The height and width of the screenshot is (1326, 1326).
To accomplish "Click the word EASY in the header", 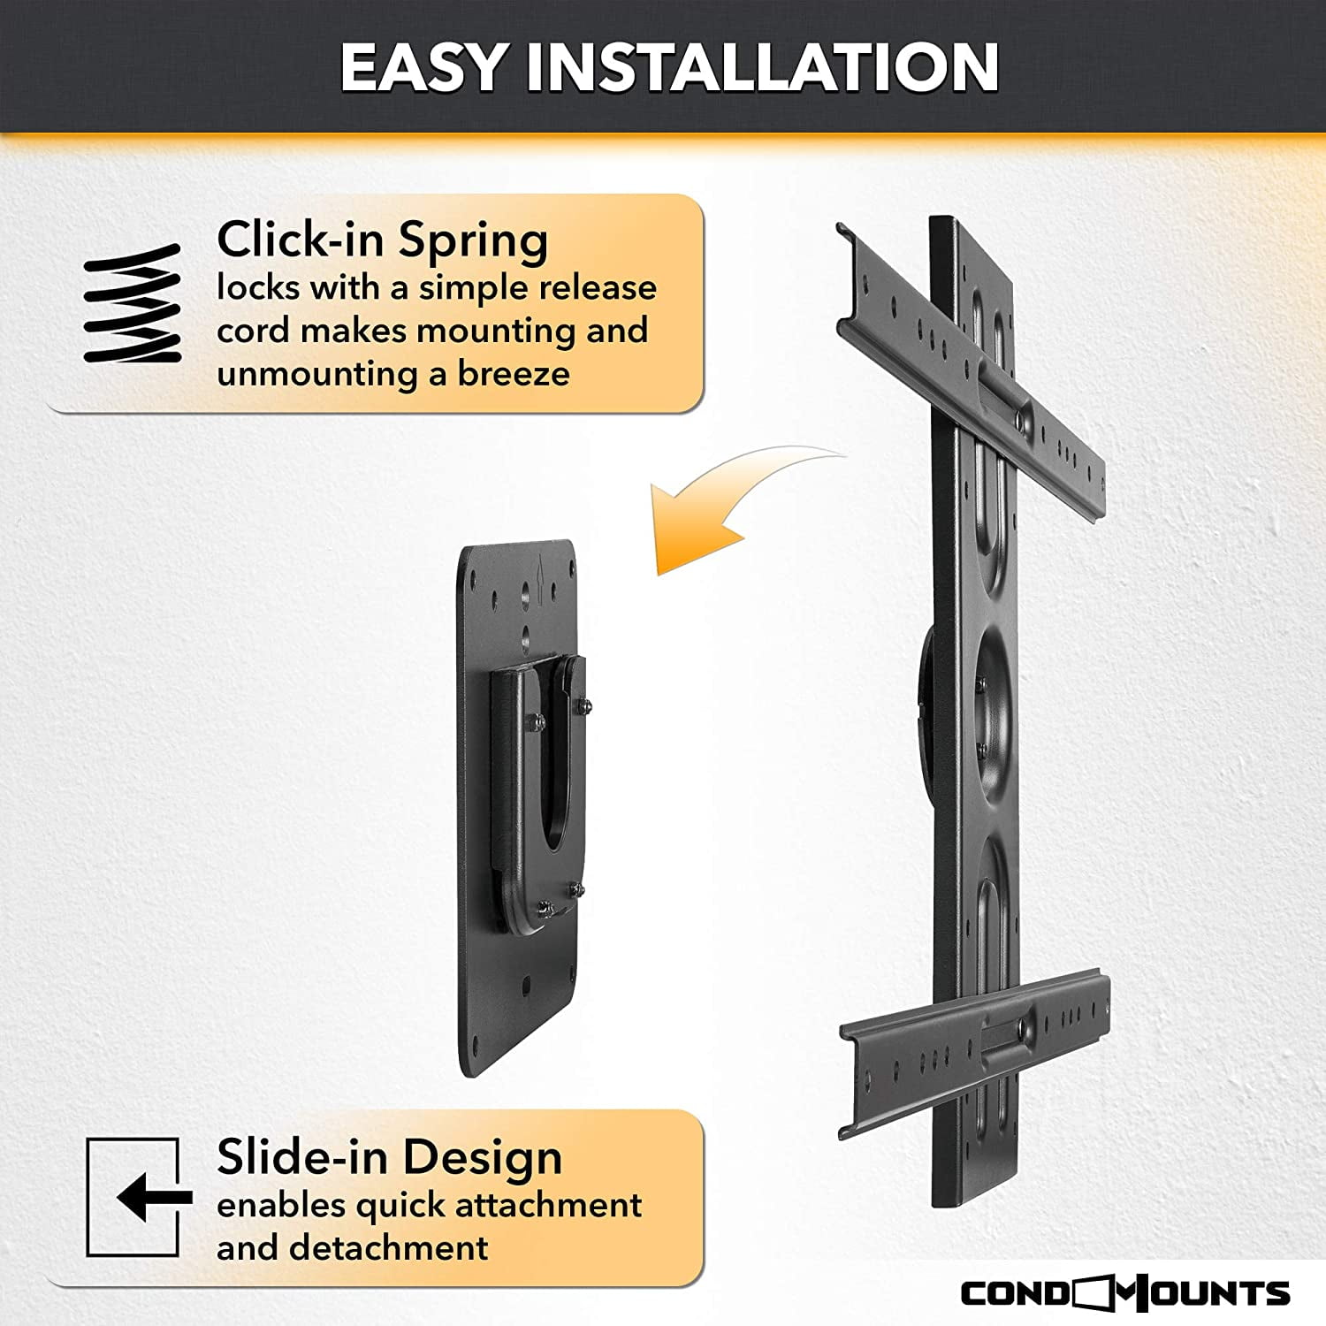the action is (x=423, y=67).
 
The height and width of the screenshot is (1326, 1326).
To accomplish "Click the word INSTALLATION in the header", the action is (x=762, y=67).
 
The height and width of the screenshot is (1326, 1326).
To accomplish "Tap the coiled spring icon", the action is (x=133, y=303).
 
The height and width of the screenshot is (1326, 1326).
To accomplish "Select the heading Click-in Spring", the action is (x=383, y=240).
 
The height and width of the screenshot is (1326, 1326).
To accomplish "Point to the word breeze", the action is (x=514, y=374).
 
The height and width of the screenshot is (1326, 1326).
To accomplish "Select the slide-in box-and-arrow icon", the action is (x=139, y=1197).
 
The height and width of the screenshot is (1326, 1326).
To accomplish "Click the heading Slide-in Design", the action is (x=389, y=1158).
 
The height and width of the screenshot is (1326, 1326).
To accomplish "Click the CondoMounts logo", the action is (x=1125, y=1293).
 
